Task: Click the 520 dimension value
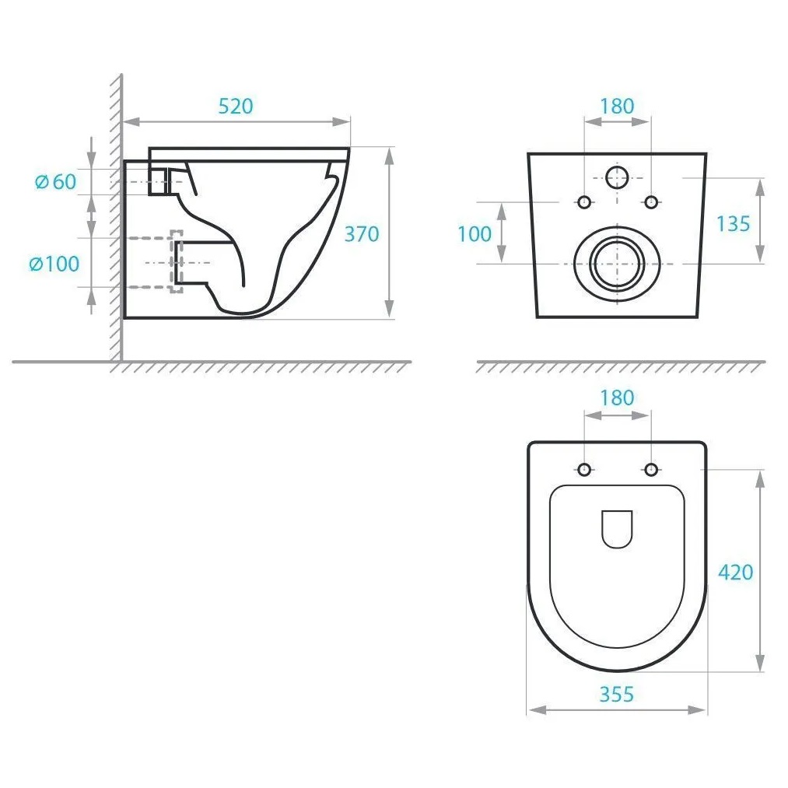pos(236,106)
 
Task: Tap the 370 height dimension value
pos(362,234)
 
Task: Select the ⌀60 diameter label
pos(56,181)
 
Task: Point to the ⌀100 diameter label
pos(54,264)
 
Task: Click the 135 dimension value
pos(733,224)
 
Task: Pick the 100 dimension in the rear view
pos(475,234)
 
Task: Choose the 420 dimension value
pos(736,573)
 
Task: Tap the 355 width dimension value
pos(617,695)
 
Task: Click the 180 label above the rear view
pos(617,106)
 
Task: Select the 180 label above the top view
pos(617,398)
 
